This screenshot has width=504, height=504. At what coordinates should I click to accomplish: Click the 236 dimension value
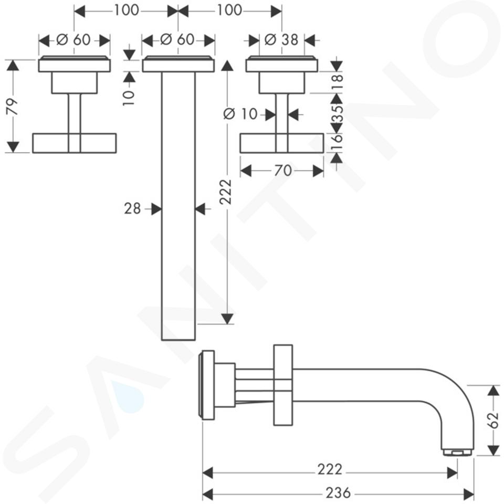tap(338, 492)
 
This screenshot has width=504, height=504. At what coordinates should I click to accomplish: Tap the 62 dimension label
tap(493, 421)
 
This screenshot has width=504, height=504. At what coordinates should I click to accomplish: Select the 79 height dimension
tap(13, 107)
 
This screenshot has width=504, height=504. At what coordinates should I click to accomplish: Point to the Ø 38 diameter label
tap(281, 40)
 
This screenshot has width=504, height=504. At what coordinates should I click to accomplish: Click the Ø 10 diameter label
tap(240, 114)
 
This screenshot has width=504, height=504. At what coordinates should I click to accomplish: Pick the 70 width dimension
tap(282, 170)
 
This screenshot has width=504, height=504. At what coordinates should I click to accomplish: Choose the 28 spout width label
tap(132, 209)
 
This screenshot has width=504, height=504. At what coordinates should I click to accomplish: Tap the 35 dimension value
tap(337, 113)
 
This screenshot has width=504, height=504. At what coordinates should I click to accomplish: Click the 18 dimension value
tap(337, 82)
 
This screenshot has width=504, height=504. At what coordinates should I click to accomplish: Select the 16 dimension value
tap(337, 143)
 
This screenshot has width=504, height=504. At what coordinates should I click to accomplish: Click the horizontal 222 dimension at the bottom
tap(330, 469)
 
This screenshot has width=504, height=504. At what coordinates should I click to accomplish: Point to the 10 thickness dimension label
tap(129, 98)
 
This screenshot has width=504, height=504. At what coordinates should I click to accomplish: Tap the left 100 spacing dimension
tap(127, 10)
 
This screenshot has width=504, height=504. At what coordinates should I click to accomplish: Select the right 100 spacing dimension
tap(229, 10)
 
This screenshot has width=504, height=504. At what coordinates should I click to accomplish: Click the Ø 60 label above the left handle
tap(73, 40)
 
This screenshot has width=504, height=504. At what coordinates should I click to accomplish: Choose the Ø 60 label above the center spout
tap(177, 40)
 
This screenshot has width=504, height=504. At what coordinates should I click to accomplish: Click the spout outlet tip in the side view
tap(457, 452)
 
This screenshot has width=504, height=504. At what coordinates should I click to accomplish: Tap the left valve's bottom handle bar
tap(74, 143)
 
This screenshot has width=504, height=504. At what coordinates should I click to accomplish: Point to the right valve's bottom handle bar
tap(282, 143)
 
